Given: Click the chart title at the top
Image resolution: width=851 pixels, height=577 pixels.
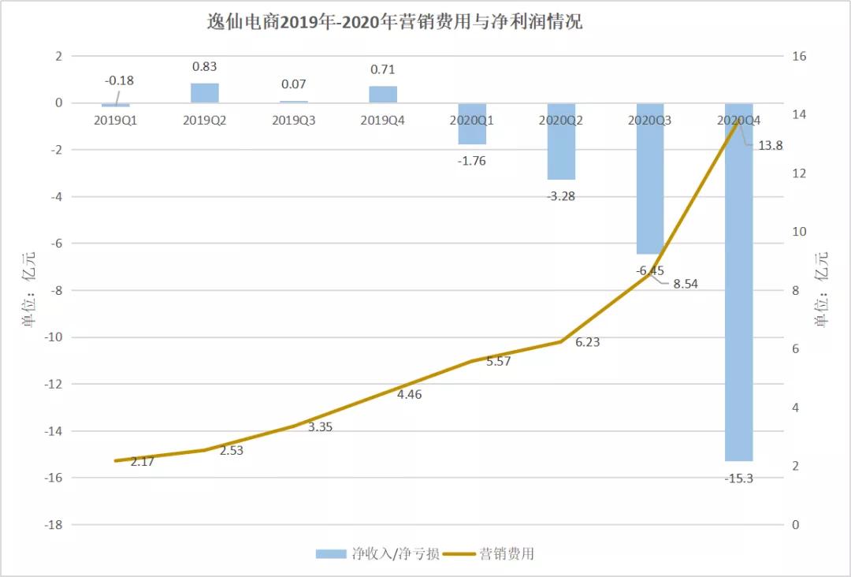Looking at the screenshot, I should point(394,21).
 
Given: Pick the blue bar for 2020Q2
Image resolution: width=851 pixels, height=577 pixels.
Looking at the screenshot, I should point(561,142).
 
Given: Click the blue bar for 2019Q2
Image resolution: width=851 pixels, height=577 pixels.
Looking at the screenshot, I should point(205,93).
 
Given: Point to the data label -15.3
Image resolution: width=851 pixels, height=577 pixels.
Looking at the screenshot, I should point(739,478).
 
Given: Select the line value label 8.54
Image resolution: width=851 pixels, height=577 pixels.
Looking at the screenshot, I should point(685,284).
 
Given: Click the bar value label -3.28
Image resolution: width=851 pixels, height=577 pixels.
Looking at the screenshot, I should point(561,196).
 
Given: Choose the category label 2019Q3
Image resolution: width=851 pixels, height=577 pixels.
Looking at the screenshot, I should point(294,121).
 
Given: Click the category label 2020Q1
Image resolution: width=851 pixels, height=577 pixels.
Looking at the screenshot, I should point(472,121).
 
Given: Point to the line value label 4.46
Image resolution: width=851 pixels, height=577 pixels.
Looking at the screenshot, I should point(409,394).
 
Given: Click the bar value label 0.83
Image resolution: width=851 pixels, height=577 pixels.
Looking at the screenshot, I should point(205,67).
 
